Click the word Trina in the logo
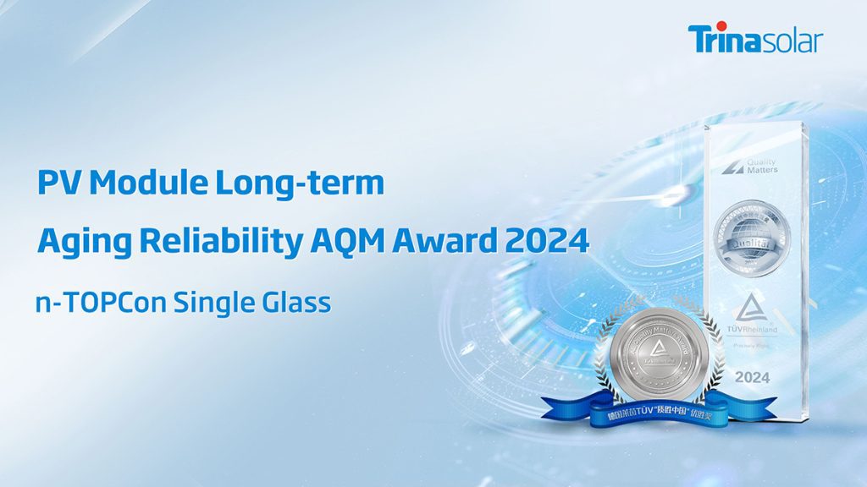click(721, 40)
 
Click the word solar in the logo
click(789, 41)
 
